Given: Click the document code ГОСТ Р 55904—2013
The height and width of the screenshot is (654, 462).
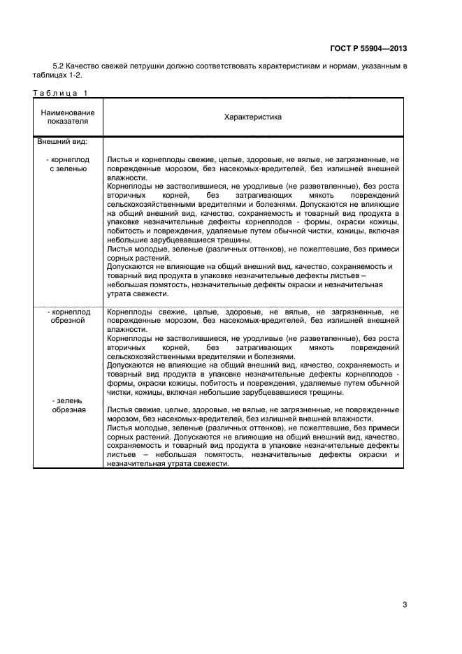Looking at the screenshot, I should point(368,49).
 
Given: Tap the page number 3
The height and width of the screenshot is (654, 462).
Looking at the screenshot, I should point(405,604).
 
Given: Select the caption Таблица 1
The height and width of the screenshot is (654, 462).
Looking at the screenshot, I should point(61,93).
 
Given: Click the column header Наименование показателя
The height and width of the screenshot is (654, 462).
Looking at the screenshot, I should point(68,117).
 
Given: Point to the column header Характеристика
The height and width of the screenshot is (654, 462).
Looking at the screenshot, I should point(252,117).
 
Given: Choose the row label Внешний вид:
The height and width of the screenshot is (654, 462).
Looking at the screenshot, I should point(62,141).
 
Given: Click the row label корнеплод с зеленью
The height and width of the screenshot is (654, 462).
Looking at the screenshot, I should point(68,164).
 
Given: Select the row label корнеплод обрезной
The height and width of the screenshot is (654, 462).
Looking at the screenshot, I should point(68,315).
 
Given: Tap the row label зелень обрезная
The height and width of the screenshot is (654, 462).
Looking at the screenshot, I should point(68,405).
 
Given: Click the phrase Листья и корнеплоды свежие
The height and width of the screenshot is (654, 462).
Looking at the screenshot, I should point(157,160).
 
